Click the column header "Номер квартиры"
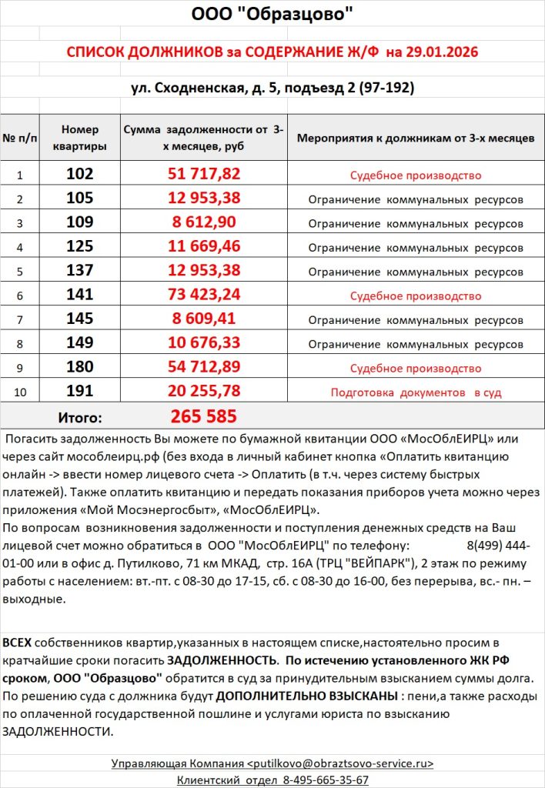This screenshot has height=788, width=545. [x=80, y=138]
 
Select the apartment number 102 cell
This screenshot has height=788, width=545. [x=80, y=175]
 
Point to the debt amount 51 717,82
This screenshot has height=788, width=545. [x=204, y=175]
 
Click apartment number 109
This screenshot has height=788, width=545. [x=80, y=224]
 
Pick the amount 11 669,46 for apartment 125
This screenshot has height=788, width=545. [x=204, y=248]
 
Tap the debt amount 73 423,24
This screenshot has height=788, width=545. [x=204, y=295]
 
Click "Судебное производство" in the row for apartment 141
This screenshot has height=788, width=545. [x=416, y=296]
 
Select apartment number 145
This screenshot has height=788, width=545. [x=80, y=319]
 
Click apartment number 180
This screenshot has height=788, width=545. [x=80, y=368]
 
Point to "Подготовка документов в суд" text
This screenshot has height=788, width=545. [x=416, y=392]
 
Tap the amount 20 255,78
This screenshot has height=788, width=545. [x=204, y=392]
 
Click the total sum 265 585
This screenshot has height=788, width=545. [x=203, y=417]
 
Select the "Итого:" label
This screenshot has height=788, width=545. [x=80, y=418]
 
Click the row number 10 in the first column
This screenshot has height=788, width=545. [x=20, y=392]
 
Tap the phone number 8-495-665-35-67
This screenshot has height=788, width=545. [x=316, y=780]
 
